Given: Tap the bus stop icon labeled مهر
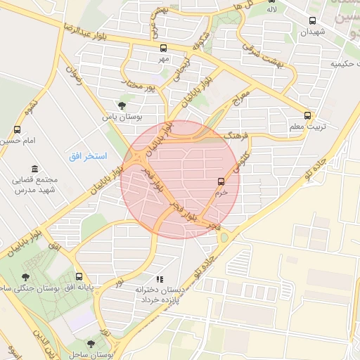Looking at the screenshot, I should tap(164, 49).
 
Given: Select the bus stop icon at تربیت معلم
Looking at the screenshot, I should tap(307, 115).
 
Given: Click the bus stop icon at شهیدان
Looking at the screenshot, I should tap(313, 20).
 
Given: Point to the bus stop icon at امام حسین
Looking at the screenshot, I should tap(18, 130).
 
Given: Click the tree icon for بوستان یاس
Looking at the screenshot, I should tap(122, 106).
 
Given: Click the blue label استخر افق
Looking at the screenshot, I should tap(88, 155).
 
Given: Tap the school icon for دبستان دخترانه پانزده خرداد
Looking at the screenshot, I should tap(160, 280).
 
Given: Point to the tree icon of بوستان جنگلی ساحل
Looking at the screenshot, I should tap(26, 277).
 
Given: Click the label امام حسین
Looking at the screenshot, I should tap(17, 141).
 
